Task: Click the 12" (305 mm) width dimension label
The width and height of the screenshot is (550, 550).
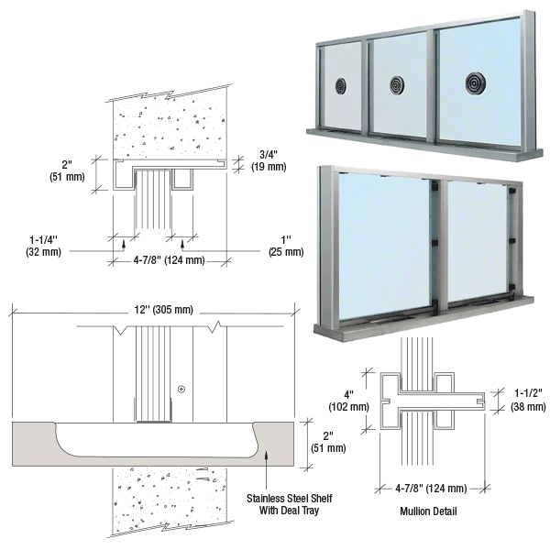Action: [163, 310]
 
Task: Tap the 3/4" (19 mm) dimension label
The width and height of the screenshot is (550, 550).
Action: [269, 160]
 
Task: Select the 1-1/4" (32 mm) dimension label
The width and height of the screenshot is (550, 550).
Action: [43, 246]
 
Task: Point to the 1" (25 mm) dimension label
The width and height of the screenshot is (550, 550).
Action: [286, 246]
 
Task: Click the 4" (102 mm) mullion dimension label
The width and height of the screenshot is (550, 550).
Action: [348, 401]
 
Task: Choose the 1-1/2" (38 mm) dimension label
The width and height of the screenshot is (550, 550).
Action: [528, 401]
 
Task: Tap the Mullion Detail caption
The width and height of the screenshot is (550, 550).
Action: [428, 511]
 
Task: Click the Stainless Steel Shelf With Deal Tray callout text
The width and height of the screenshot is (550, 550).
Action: [289, 504]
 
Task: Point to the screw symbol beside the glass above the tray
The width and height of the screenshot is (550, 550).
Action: [181, 389]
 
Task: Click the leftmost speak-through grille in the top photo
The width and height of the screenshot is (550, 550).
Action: [341, 86]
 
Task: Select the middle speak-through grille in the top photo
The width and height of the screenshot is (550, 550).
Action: [397, 85]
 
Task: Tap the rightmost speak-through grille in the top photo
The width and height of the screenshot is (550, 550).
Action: [475, 83]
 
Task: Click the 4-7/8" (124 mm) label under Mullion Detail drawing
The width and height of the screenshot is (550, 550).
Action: [431, 488]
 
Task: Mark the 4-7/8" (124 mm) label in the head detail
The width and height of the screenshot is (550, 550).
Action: [169, 260]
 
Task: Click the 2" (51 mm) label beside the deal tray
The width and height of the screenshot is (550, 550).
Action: [328, 442]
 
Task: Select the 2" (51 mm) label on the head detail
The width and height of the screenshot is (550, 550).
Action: [67, 170]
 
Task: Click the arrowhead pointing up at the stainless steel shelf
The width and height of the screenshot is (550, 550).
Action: [266, 454]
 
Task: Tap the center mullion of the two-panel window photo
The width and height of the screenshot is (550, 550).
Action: [443, 246]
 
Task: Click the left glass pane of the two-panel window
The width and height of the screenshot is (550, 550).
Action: [384, 246]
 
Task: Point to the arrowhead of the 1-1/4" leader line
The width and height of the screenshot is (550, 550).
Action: [124, 244]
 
